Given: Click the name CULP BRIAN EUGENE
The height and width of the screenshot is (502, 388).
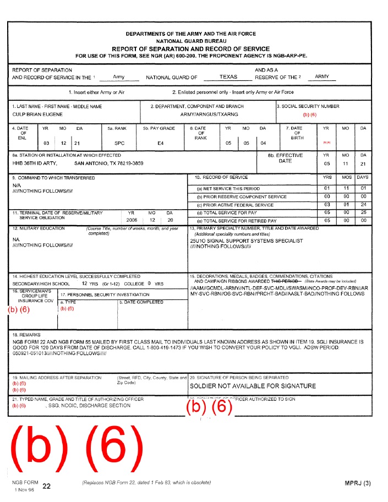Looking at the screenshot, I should [37, 114].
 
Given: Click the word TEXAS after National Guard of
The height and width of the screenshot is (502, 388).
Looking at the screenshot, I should [228, 77].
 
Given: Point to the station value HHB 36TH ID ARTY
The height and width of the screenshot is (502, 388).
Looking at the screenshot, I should [35, 163].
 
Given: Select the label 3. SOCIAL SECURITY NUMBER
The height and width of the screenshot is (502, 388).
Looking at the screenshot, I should [308, 106].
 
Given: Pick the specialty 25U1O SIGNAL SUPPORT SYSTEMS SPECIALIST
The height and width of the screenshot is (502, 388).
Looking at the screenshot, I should [246, 241].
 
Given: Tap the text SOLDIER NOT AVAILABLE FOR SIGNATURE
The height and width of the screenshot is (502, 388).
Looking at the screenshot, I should [253, 386].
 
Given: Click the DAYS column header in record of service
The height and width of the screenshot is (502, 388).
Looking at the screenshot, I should [362, 178].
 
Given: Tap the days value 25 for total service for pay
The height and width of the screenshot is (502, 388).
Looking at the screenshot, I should [362, 212].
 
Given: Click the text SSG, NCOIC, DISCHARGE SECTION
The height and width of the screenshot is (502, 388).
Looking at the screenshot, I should [97, 406].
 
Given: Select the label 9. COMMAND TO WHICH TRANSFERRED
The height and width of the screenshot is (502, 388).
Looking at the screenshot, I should [54, 178].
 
